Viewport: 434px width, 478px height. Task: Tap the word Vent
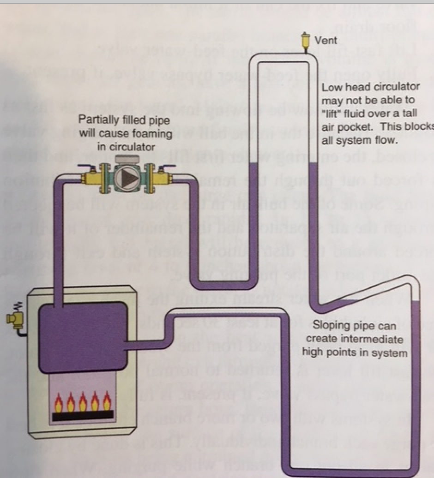tap(325, 40)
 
